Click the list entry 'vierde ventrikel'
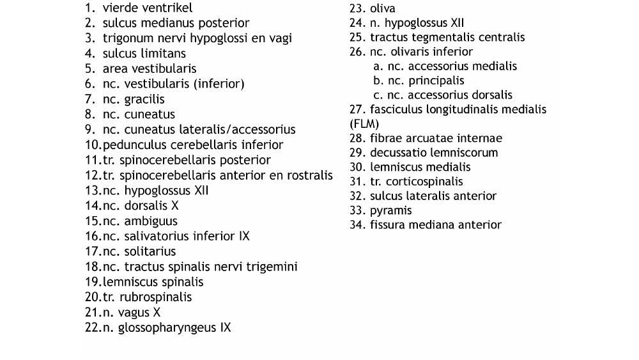[147, 8]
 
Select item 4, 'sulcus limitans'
[144, 54]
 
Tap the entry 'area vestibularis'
[149, 68]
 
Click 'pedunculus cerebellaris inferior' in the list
[192, 145]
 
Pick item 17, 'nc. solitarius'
[139, 251]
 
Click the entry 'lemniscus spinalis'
[153, 282]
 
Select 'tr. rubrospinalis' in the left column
[146, 297]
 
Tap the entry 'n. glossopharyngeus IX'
[166, 328]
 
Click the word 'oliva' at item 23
[382, 9]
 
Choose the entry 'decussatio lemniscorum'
[433, 153]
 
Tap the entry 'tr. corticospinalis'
[416, 182]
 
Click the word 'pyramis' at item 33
[390, 210]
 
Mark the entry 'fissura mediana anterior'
[435, 225]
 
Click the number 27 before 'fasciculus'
[356, 109]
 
